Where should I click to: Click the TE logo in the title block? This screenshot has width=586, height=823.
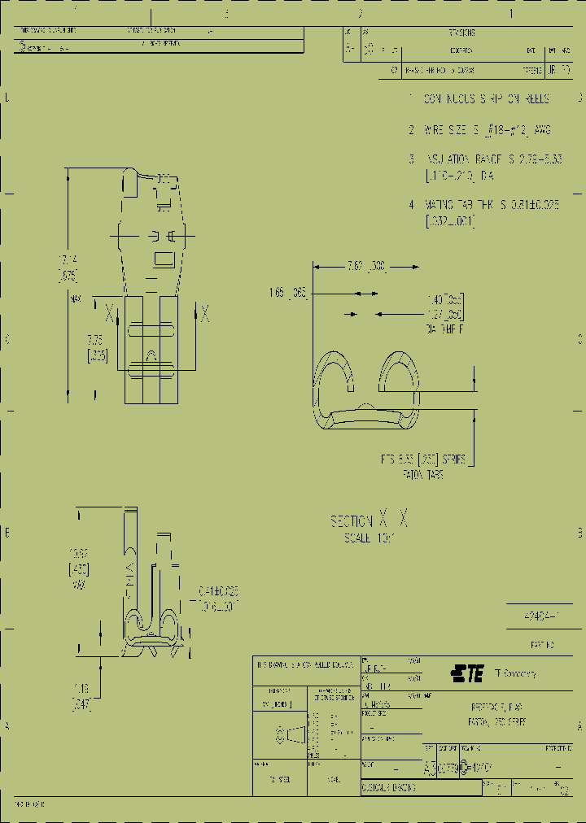(x=467, y=673)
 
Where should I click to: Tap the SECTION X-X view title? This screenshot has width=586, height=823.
(x=368, y=521)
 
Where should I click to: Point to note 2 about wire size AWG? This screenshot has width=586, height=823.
(x=479, y=129)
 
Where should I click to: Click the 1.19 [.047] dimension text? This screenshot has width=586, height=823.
(x=81, y=698)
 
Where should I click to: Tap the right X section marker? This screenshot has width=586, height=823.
(x=205, y=312)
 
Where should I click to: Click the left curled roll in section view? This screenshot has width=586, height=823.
(x=334, y=378)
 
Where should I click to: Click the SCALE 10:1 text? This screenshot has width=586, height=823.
(x=368, y=538)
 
